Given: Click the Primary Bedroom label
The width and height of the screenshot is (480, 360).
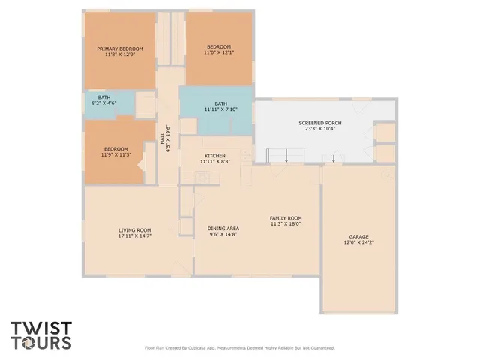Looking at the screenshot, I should [x=120, y=49].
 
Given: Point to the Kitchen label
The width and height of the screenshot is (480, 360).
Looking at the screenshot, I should [x=214, y=156].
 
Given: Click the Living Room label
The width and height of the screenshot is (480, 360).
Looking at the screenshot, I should [x=135, y=229].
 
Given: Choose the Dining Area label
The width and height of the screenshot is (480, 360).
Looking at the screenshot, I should [x=223, y=228].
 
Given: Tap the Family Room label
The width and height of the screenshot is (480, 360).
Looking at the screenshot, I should [x=286, y=217].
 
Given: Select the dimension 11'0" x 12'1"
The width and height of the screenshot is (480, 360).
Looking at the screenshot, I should [x=219, y=53].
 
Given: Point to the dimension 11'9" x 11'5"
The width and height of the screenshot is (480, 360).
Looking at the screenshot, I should [x=116, y=154].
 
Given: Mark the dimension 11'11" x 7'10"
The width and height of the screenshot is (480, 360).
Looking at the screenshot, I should [x=220, y=109].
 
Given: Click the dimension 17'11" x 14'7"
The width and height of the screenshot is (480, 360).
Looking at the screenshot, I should [x=135, y=236].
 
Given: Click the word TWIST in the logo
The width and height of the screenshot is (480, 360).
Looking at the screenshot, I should [x=41, y=328].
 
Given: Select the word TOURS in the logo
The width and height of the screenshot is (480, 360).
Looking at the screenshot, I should [x=41, y=342].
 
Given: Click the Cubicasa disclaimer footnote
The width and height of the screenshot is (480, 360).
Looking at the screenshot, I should [x=239, y=348].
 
